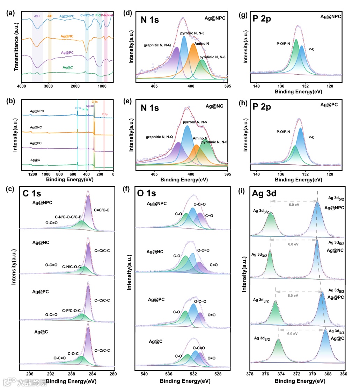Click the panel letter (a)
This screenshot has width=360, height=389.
click(x=10, y=14)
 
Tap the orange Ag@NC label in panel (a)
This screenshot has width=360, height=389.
click(x=68, y=36)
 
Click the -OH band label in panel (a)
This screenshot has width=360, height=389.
click(x=37, y=16)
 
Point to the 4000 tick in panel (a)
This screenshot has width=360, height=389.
click(x=22, y=85)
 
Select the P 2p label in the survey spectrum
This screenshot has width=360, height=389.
click(x=105, y=114)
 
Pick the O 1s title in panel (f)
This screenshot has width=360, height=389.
click(x=146, y=194)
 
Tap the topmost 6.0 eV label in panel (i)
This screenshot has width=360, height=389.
click(x=293, y=206)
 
